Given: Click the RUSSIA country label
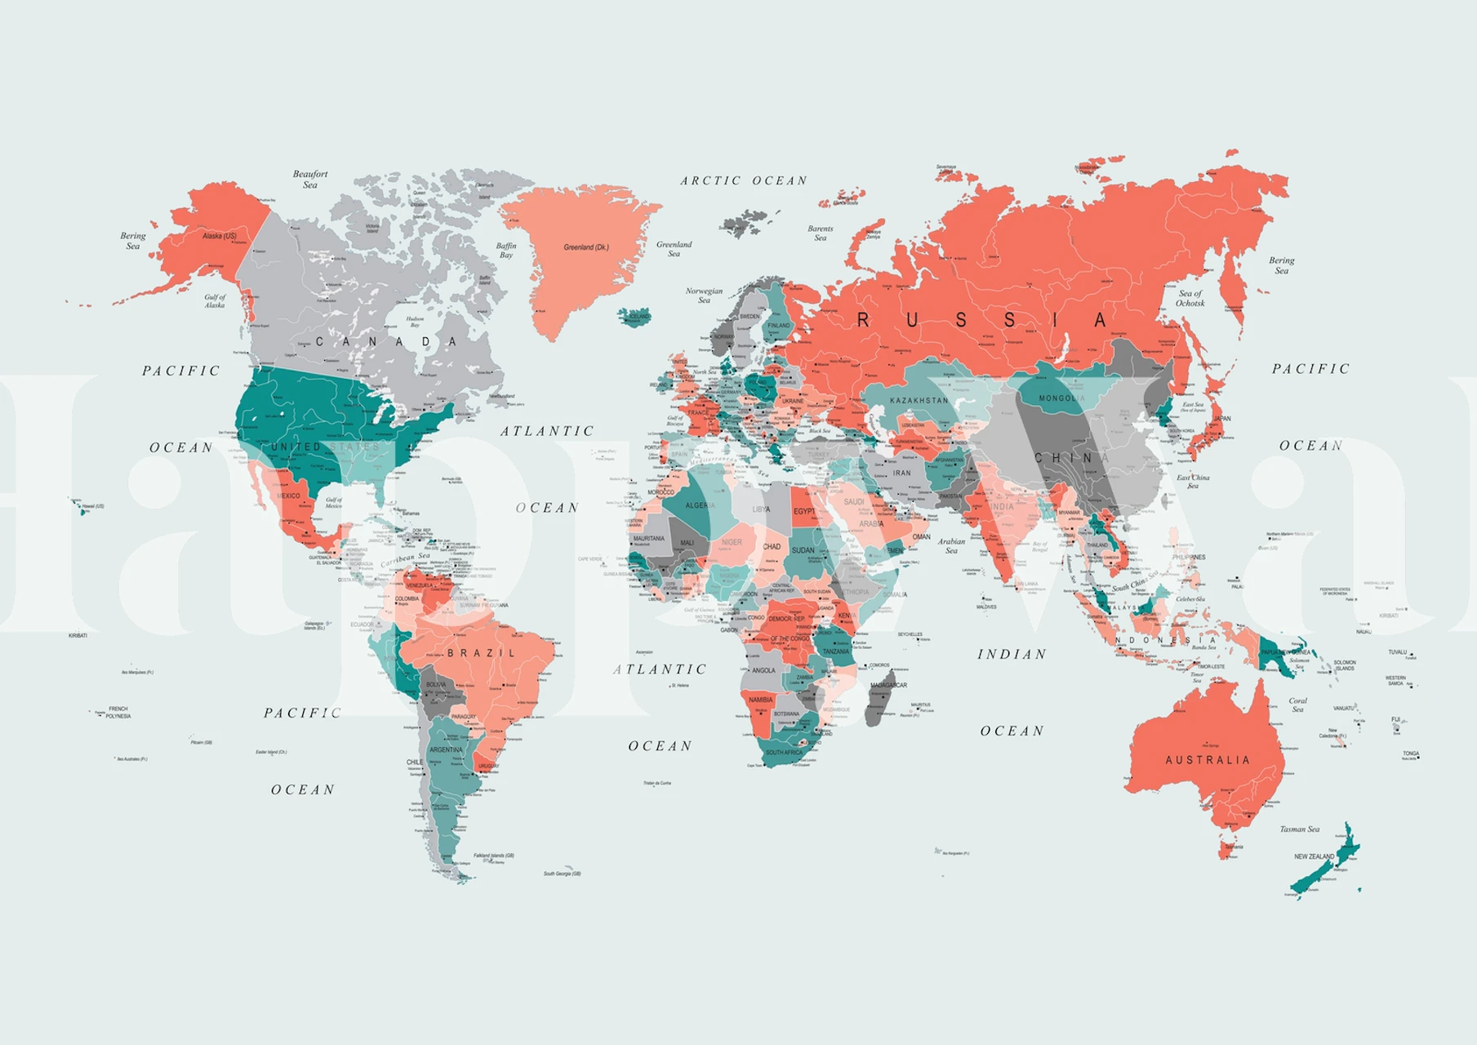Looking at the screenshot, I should click(x=981, y=320).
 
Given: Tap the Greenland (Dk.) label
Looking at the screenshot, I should click(x=585, y=247).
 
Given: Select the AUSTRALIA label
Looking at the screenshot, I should click(x=1207, y=760).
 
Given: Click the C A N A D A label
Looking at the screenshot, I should click(x=385, y=341).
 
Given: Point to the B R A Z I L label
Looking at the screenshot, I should click(x=482, y=653).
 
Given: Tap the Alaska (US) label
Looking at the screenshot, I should click(x=219, y=236).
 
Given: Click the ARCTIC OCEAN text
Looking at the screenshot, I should click(x=743, y=180).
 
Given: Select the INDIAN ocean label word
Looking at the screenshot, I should click(x=1012, y=654).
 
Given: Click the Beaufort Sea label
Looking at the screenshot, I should click(x=310, y=179).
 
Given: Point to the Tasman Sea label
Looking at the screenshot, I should click(x=1299, y=829).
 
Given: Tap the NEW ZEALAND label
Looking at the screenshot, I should click(x=1313, y=856).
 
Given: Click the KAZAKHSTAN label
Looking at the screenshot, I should click(x=919, y=401).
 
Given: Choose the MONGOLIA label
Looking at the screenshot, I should click(x=1061, y=398).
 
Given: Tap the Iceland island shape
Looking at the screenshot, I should click(x=634, y=316).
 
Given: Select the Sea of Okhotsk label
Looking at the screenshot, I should click(x=1190, y=298).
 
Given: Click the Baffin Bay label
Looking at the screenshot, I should click(x=506, y=250).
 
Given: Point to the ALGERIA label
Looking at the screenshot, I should click(x=700, y=505).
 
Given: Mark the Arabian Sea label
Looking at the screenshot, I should click(x=951, y=545).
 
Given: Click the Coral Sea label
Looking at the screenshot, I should click(x=1297, y=705).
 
